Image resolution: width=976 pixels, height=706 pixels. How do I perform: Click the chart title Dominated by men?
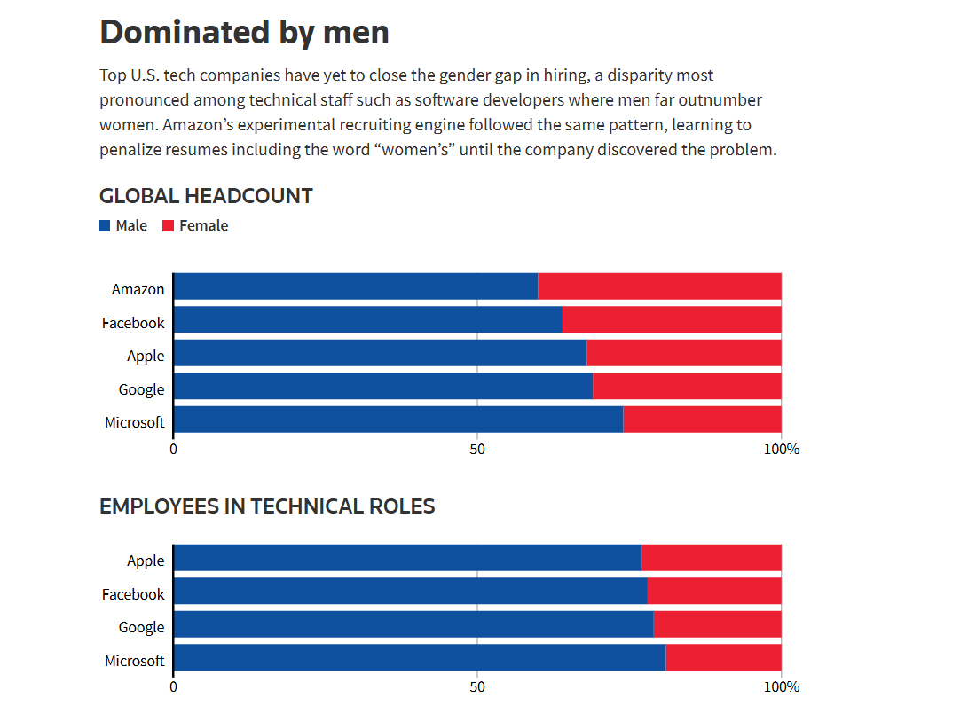click(x=244, y=32)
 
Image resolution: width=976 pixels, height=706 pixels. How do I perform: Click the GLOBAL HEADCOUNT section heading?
click(x=206, y=196)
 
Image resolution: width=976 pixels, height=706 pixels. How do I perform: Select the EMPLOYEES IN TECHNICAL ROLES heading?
click(x=267, y=506)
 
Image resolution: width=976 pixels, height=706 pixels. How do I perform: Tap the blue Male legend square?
click(x=105, y=226)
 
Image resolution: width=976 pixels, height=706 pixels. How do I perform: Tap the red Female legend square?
click(x=168, y=226)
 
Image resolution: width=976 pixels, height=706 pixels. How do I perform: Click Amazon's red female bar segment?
click(x=659, y=287)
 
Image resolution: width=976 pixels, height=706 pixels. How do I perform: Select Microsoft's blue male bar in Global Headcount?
click(x=397, y=420)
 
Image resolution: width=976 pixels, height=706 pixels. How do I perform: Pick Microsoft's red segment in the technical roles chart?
click(x=723, y=658)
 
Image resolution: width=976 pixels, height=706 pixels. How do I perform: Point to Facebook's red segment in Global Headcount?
click(x=672, y=320)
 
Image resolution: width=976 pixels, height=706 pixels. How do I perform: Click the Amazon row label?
click(x=138, y=289)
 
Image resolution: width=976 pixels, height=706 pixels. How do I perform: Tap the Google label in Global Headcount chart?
click(x=141, y=389)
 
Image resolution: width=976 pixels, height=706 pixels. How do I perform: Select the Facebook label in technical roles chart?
click(x=133, y=594)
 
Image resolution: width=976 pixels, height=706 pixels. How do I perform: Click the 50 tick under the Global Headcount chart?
click(x=477, y=449)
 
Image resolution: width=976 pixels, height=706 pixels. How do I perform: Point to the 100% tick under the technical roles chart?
click(x=781, y=686)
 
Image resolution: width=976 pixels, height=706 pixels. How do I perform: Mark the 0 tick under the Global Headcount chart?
click(x=173, y=449)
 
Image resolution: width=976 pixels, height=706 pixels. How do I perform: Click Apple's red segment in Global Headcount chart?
click(x=684, y=354)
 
